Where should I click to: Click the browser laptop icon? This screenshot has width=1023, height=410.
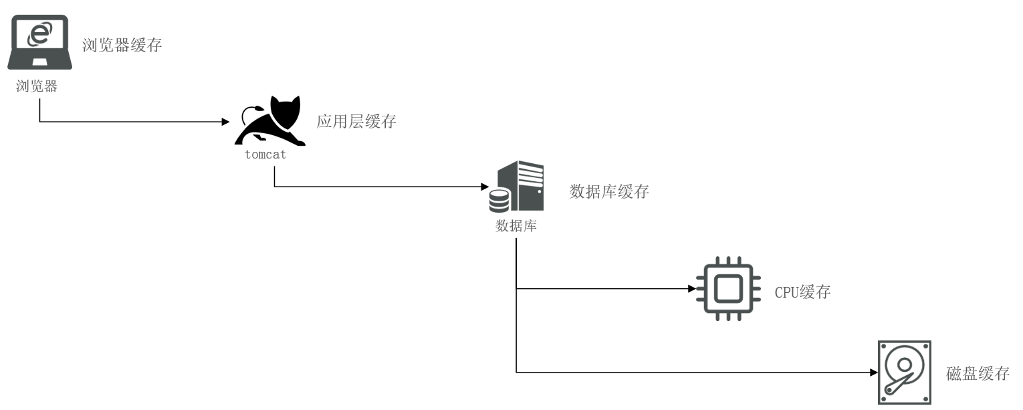pos(39,42)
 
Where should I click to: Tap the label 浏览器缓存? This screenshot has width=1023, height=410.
pos(122,45)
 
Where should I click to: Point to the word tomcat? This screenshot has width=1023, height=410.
pos(265,155)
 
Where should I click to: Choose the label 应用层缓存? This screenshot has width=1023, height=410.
pos(356,122)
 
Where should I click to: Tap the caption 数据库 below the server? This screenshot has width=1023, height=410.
pos(516,225)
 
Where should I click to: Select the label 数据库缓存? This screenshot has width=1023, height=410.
pos(609,191)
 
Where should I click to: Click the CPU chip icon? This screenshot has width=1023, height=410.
pos(727,289)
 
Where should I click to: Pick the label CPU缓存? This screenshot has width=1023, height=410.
pos(802,292)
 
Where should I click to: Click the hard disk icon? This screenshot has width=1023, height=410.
pos(904,371)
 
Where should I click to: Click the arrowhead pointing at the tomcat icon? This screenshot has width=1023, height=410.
pos(225,122)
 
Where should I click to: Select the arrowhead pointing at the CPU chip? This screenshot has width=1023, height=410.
pos(691,290)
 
